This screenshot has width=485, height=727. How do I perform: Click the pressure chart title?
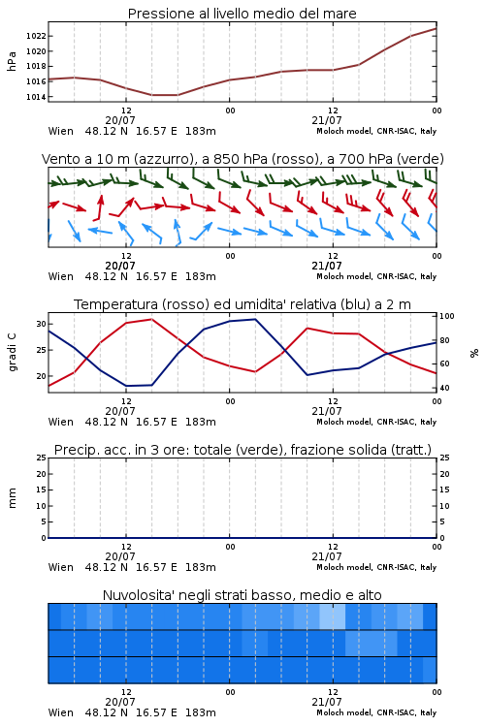click(242, 14)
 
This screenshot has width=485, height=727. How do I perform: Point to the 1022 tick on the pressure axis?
click(36, 36)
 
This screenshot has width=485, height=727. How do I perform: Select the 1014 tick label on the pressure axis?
click(36, 97)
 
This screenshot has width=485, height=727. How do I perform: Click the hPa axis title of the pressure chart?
click(12, 61)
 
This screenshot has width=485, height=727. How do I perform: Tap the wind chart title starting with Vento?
click(242, 159)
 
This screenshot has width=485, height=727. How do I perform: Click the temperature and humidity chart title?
click(242, 304)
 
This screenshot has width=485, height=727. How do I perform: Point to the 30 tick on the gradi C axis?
click(42, 324)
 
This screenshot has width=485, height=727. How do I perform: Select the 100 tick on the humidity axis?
click(447, 316)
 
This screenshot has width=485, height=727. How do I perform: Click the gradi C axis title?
click(13, 353)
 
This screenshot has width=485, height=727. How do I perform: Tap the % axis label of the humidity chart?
click(474, 353)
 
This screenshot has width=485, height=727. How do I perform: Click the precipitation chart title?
click(242, 450)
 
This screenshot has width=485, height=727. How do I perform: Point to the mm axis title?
click(12, 498)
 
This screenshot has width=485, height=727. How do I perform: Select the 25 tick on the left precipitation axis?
click(42, 458)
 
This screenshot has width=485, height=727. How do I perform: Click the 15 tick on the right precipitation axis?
click(444, 490)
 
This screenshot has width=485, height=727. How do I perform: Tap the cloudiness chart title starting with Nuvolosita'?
click(242, 595)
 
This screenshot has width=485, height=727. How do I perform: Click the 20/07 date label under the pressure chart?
click(120, 120)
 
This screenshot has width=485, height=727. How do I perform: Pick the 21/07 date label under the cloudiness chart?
click(327, 702)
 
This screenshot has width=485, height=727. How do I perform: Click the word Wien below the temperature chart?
click(61, 422)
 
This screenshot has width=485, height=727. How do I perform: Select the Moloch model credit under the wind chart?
click(376, 276)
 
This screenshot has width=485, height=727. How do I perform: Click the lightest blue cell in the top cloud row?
click(333, 616)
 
